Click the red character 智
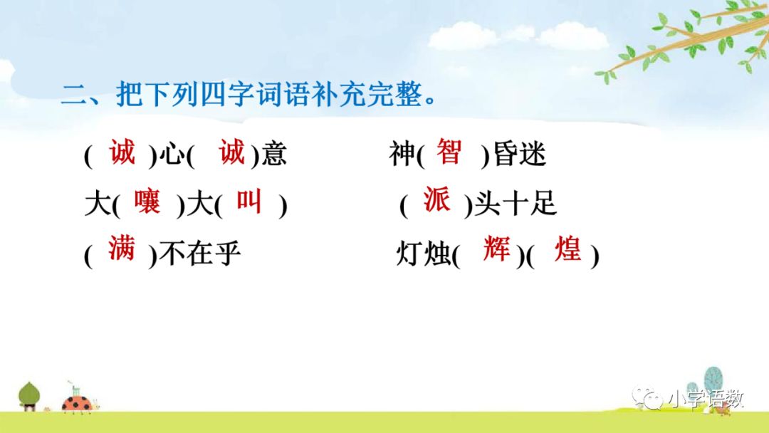[x=449, y=152]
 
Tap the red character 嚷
[x=147, y=201]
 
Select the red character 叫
[x=249, y=201]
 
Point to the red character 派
[x=437, y=199]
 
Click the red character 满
[x=122, y=248]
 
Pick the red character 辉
[x=496, y=248]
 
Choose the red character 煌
[x=568, y=249]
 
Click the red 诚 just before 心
[x=122, y=152]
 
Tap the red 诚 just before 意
[x=232, y=152]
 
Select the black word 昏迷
[x=519, y=154]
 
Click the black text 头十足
[x=516, y=203]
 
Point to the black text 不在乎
[x=199, y=254]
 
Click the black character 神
[x=402, y=154]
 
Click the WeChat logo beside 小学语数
[x=647, y=397]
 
